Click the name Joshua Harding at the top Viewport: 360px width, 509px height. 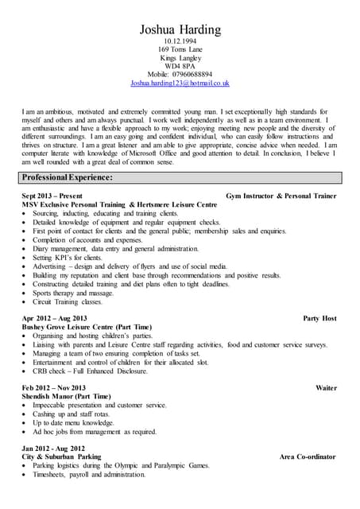tap(180, 30)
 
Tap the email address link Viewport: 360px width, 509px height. tap(180, 83)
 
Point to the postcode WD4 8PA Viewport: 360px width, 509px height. tap(180, 65)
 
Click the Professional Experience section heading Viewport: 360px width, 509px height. tap(68, 177)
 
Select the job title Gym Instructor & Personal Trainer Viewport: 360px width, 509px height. tap(281, 196)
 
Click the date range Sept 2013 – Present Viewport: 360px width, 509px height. tap(52, 196)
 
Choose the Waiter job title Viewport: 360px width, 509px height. tap(326, 388)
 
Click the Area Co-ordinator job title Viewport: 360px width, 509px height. tap(308, 457)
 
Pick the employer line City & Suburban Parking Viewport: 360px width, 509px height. tap(61, 457)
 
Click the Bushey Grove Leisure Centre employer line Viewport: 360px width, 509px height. tap(87, 327)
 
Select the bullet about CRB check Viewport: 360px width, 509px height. tap(90, 371)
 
